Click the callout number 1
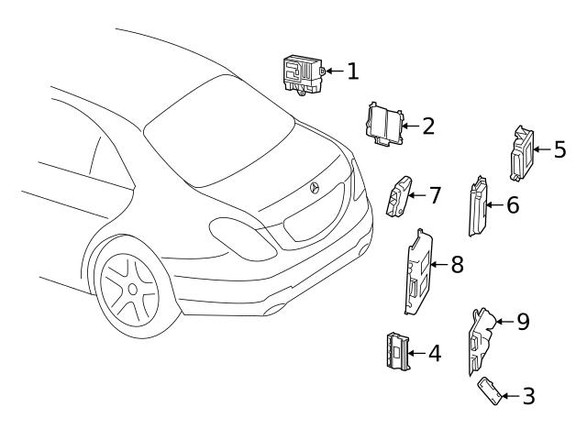(x=352, y=71)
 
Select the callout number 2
(x=427, y=126)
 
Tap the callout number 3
(x=528, y=396)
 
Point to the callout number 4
(x=434, y=353)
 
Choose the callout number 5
(x=559, y=148)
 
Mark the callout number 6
(x=512, y=205)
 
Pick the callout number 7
(x=435, y=195)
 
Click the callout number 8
(x=457, y=265)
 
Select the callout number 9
(x=523, y=321)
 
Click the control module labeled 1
(x=302, y=72)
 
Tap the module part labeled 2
(x=385, y=124)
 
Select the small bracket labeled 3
(x=490, y=388)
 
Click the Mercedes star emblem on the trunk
(x=315, y=188)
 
